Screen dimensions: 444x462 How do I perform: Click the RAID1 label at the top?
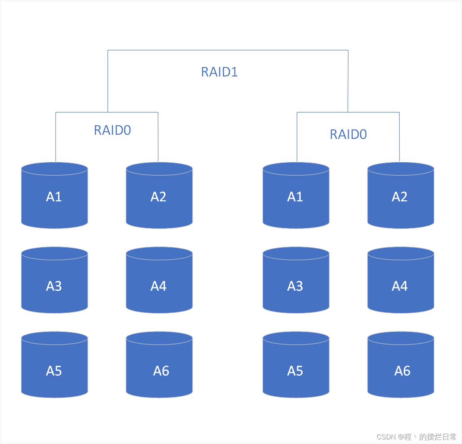[x=219, y=72]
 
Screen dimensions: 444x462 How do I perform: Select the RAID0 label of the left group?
[x=112, y=130]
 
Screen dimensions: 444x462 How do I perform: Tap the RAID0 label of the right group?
[x=348, y=134]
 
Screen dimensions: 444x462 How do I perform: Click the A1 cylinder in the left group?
[x=55, y=196]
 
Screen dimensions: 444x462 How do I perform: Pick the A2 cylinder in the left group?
[x=159, y=196]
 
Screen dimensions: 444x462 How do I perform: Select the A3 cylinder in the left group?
[x=55, y=281]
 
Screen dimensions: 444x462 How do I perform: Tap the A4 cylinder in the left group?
[x=159, y=281]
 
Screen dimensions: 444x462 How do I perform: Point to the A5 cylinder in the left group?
[x=55, y=366]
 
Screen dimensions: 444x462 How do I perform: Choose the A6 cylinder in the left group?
[x=159, y=366]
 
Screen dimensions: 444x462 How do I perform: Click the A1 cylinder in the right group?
[x=296, y=196]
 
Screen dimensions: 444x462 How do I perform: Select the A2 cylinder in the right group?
[x=400, y=196]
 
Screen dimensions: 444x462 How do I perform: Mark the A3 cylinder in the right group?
[x=296, y=281]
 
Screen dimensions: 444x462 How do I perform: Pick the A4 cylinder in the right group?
[x=400, y=281]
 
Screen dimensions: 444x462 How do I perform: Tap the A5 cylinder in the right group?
[x=296, y=366]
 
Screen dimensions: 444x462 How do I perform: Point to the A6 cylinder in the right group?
[x=400, y=366]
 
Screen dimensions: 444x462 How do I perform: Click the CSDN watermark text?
[x=417, y=437]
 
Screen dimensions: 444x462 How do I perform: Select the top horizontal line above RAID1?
[x=227, y=50]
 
